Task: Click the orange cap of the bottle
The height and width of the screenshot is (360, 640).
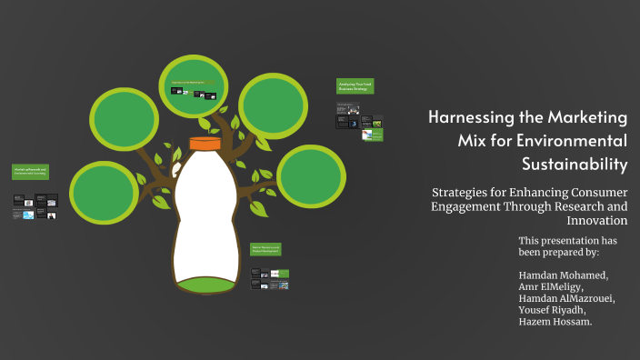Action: pyautogui.click(x=204, y=143)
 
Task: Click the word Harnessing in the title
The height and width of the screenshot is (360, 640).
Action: pyautogui.click(x=472, y=118)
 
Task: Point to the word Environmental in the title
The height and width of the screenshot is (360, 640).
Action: pyautogui.click(x=573, y=141)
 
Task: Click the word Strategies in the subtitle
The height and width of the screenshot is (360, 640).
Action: pyautogui.click(x=465, y=193)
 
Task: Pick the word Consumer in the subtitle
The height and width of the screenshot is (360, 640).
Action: pyautogui.click(x=592, y=193)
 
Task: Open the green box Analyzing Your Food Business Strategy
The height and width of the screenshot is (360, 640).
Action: pyautogui.click(x=355, y=87)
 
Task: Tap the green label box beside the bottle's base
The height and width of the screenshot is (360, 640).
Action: pyautogui.click(x=266, y=249)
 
